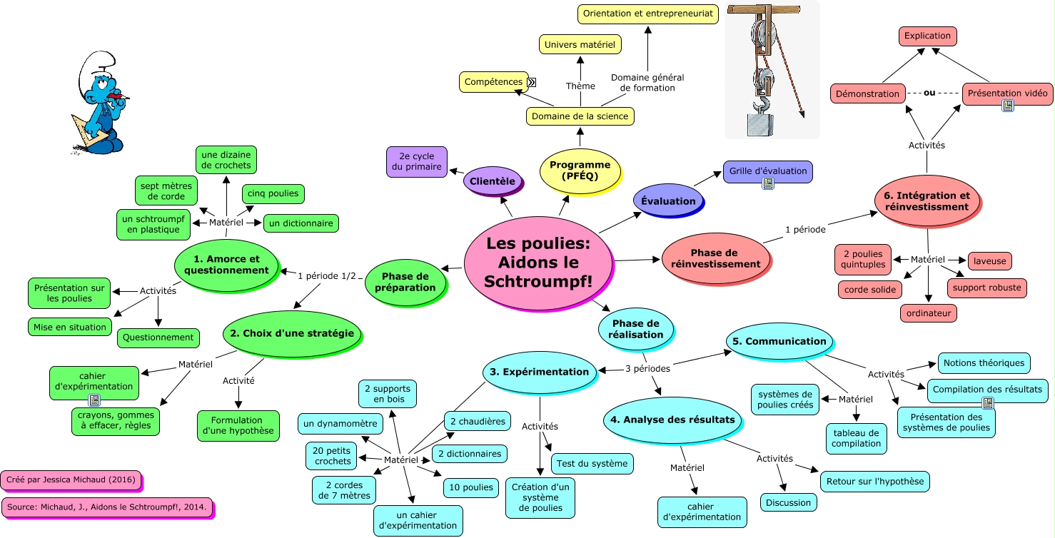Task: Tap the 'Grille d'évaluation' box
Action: tap(767, 171)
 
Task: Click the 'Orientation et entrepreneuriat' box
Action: tap(647, 14)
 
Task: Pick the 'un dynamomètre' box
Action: tap(339, 424)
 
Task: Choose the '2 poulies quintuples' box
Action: tap(863, 259)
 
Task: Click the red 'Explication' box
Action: tap(927, 36)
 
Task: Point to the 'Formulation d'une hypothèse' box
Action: tap(238, 425)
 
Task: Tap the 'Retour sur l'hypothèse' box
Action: tap(874, 481)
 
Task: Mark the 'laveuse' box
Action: tap(989, 261)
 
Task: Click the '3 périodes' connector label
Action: tap(647, 369)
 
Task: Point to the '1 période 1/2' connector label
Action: tap(326, 275)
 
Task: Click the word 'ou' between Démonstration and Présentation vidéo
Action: tap(929, 93)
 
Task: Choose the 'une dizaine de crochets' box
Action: tap(226, 161)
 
